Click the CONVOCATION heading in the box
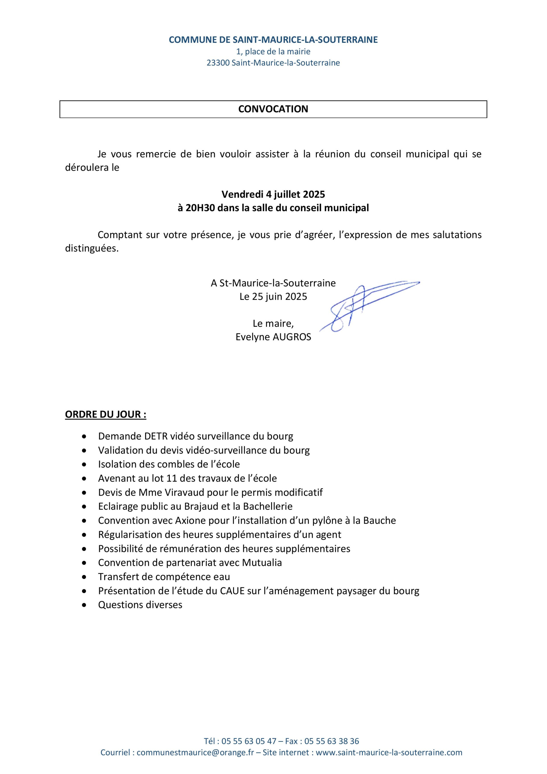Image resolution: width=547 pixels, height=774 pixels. pos(273,109)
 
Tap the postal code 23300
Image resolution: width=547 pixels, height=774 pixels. pos(218,63)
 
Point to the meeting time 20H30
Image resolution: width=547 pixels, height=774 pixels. pos(200,208)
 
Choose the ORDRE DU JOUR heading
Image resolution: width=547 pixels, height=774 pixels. pos(105,414)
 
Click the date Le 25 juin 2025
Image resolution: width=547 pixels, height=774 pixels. pos(273,296)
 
